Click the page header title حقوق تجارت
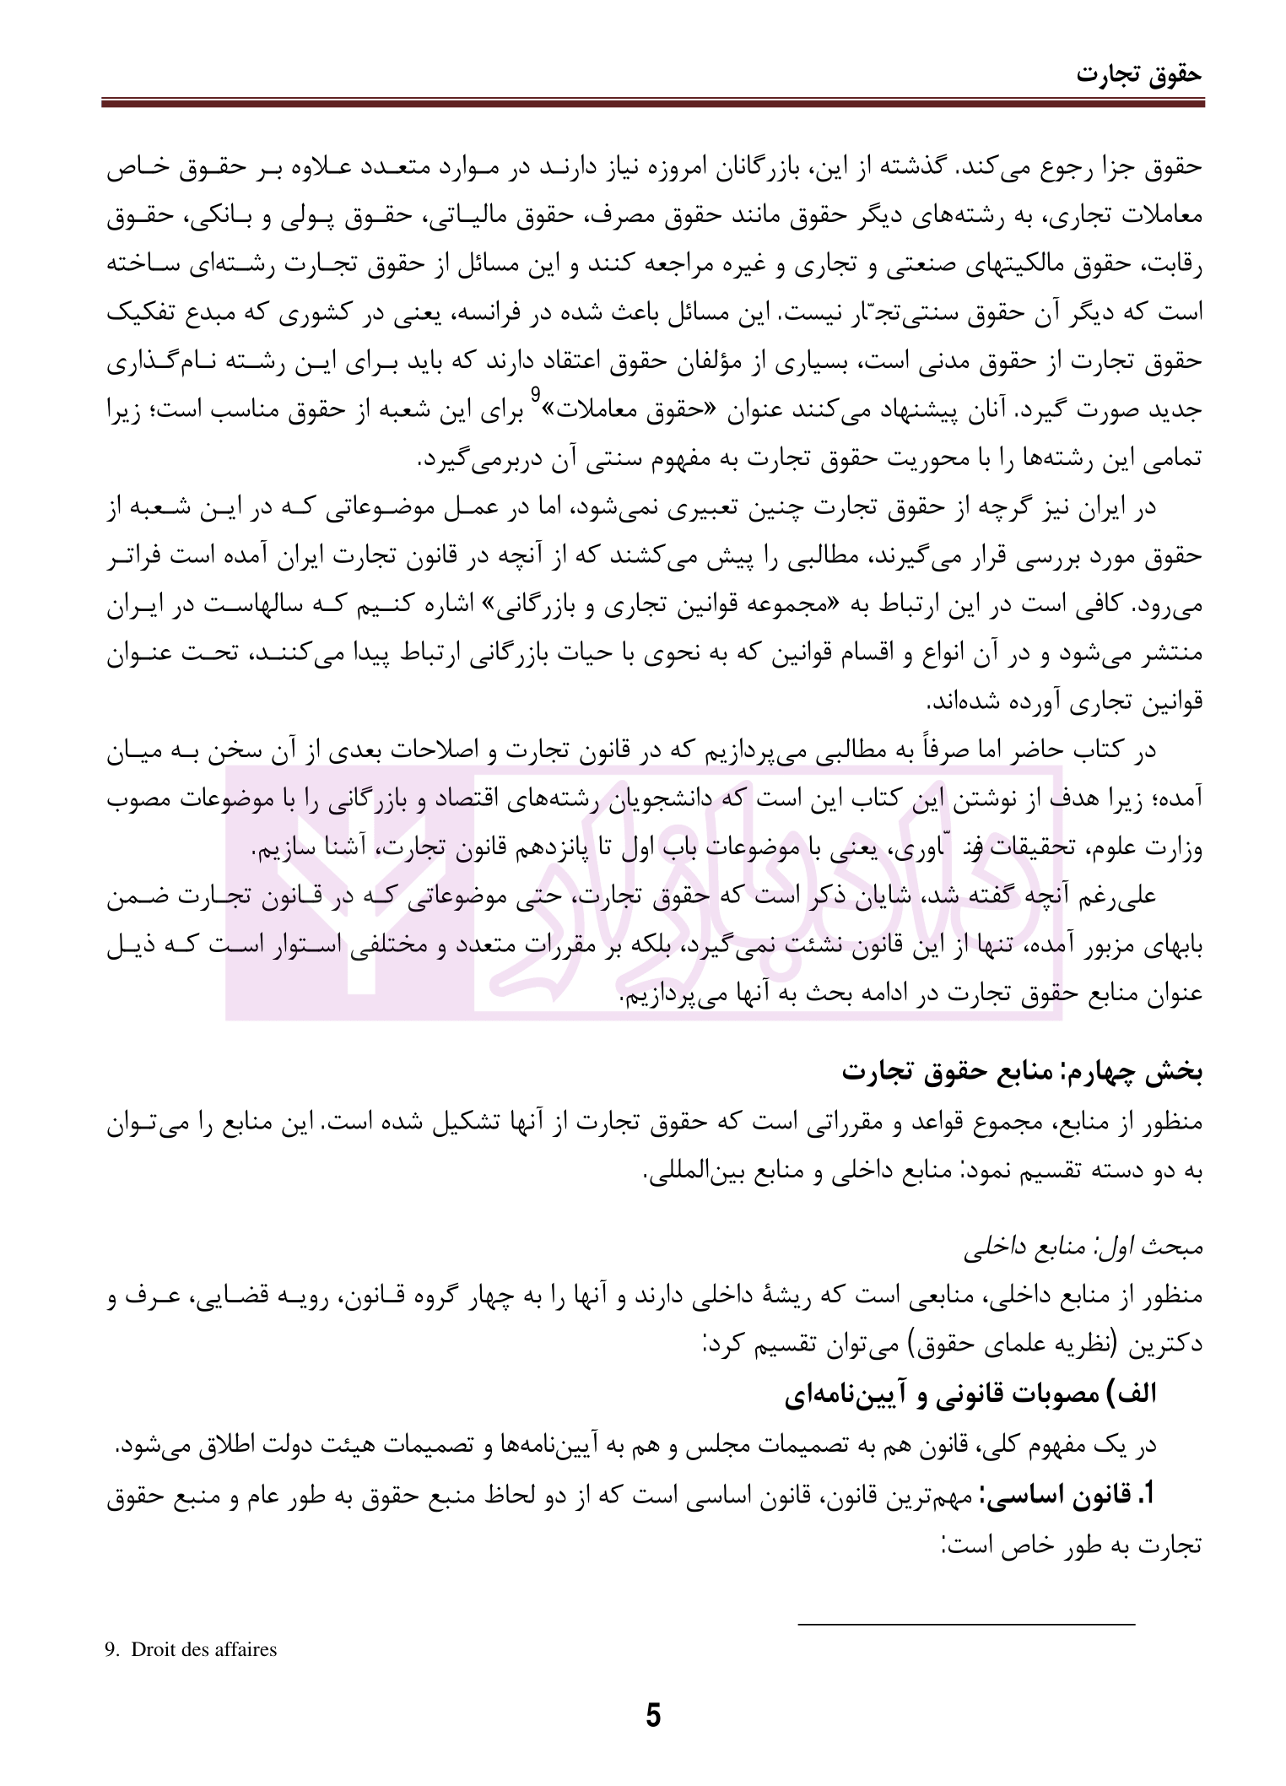coord(1138,73)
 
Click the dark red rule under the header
coord(652,103)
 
